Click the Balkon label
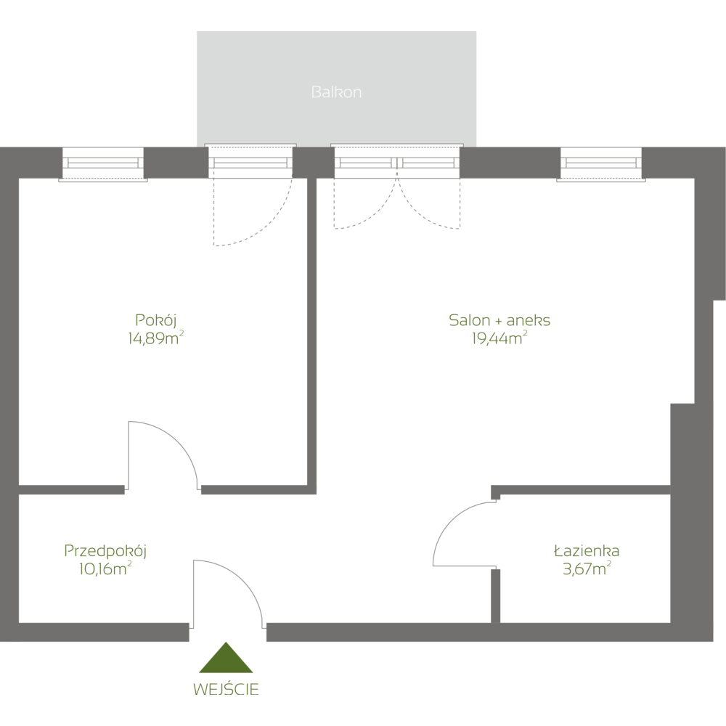click(x=336, y=92)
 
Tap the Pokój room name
click(x=156, y=319)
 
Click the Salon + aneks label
click(x=499, y=319)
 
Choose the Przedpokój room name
click(x=106, y=551)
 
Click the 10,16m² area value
click(x=105, y=568)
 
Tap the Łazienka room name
click(x=586, y=551)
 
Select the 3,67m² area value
click(x=586, y=568)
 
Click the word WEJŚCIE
click(x=226, y=688)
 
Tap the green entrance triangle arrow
click(x=226, y=659)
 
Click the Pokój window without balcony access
click(x=103, y=163)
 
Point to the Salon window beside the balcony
click(x=600, y=163)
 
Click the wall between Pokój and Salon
click(x=311, y=327)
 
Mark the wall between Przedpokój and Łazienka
click(x=495, y=595)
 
